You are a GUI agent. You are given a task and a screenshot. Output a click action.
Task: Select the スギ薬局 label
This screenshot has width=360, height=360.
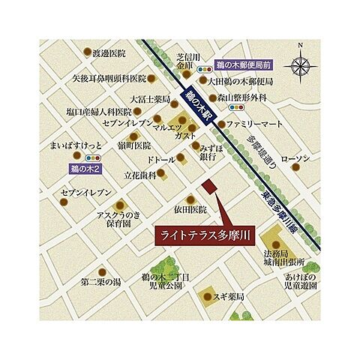(229, 298)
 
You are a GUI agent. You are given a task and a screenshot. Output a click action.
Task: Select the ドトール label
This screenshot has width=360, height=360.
(161, 160)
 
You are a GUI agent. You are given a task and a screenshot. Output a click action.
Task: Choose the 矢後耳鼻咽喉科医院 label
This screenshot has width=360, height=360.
(108, 78)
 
